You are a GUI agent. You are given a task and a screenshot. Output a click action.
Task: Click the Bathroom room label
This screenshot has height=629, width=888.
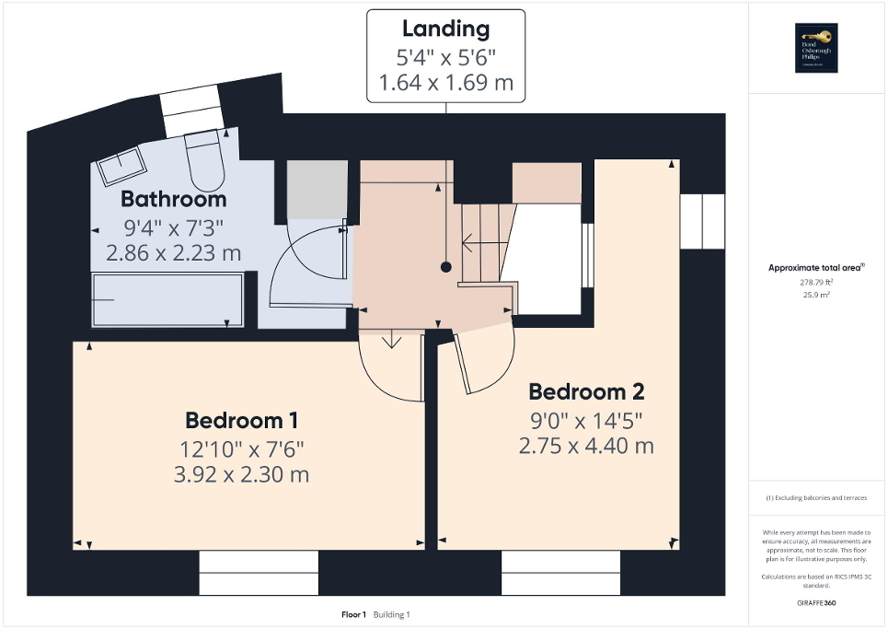[x=173, y=199]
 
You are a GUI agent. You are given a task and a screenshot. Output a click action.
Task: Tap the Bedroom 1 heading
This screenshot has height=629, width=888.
[x=241, y=421]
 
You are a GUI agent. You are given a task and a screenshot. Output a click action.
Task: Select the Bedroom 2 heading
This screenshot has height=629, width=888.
[x=585, y=391]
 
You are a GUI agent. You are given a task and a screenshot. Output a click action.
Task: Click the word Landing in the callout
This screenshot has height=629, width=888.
[x=446, y=29]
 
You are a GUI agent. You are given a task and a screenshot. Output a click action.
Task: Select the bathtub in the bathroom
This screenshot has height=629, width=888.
[x=167, y=299]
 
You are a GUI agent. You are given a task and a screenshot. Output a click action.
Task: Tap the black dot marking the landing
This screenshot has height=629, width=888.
[x=446, y=267]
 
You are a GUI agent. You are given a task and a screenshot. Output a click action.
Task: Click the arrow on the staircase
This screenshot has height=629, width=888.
[x=471, y=244]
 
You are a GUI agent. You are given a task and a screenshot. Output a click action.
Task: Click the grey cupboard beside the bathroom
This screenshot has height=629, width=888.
[x=317, y=189]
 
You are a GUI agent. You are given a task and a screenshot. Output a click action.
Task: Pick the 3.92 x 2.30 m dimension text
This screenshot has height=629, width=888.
[x=243, y=475]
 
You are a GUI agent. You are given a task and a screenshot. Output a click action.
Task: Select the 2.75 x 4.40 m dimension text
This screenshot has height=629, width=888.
[x=585, y=446]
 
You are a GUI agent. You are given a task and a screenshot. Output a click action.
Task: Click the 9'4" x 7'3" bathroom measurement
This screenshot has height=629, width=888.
[x=173, y=227]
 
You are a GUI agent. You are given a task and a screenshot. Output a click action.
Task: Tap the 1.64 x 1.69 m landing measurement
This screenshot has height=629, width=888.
[x=446, y=85]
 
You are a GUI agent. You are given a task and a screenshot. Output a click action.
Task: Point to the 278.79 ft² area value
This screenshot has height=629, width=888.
[x=818, y=284]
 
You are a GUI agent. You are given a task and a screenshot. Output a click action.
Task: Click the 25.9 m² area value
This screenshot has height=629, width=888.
[x=818, y=295]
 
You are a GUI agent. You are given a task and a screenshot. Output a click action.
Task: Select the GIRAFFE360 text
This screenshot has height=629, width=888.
[x=818, y=602]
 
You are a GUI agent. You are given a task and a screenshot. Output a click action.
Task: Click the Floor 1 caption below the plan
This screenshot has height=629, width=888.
[x=354, y=614]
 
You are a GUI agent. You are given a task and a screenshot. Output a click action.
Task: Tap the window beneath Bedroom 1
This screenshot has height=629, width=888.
[x=259, y=573]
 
